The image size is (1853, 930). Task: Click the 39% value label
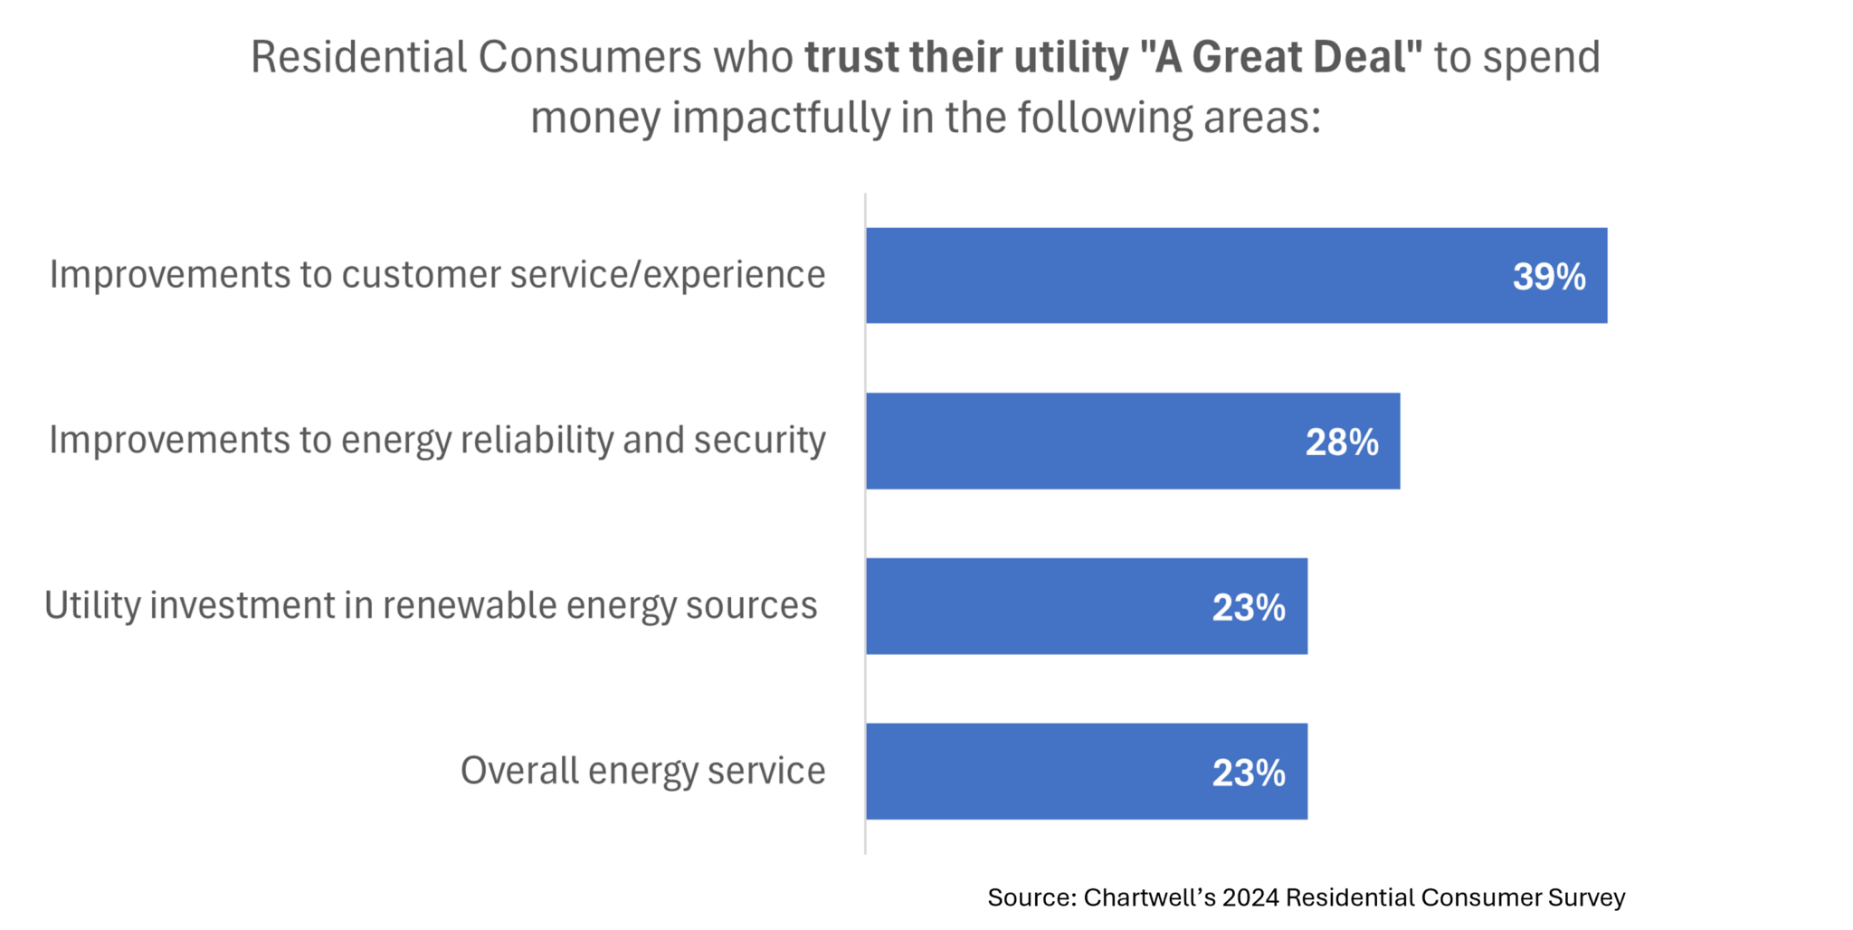coord(1548,277)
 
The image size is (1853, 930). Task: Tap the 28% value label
coord(1341,442)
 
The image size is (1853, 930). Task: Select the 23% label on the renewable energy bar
coord(1248,608)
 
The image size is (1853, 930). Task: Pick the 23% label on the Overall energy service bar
coord(1248,773)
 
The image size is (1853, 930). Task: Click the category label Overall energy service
coord(642,771)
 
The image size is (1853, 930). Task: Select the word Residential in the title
coord(358,57)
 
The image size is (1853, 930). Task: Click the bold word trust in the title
coord(851,57)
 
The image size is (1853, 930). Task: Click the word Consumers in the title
coord(589,57)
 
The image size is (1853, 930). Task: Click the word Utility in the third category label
coord(91,605)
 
